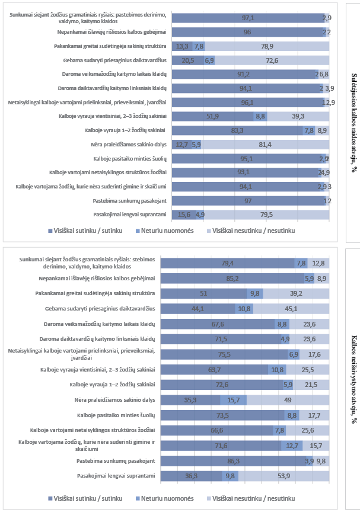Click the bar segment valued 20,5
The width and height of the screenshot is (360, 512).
click(187, 60)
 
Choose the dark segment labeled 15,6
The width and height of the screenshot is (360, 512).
click(183, 215)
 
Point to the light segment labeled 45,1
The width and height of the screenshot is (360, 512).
click(292, 309)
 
